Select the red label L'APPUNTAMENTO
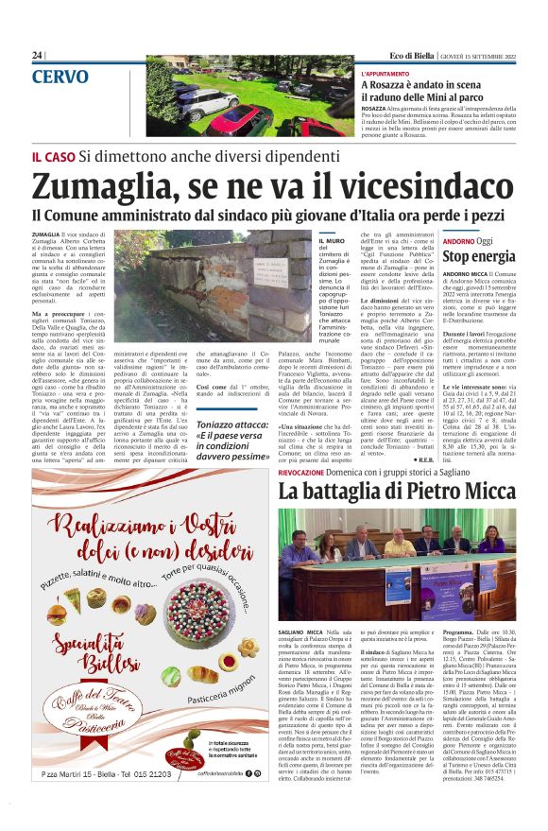(385, 73)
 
